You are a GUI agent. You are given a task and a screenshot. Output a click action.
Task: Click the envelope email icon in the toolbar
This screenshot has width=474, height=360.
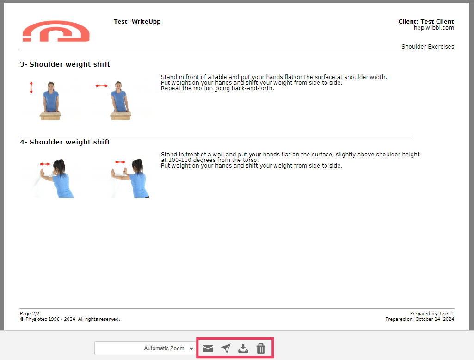coord(208,348)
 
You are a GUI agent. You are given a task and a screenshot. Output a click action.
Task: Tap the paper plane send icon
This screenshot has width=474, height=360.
coord(226,348)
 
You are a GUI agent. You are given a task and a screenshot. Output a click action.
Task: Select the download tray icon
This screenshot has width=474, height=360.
coord(243,348)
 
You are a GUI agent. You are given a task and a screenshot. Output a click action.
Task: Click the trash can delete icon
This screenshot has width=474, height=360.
coord(260,348)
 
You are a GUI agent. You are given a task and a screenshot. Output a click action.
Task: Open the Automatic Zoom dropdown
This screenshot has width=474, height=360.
coord(145,348)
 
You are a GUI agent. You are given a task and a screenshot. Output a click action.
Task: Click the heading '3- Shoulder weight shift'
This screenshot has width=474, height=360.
coord(65,64)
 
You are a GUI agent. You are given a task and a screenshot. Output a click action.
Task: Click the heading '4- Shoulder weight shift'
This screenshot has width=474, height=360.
coord(65,142)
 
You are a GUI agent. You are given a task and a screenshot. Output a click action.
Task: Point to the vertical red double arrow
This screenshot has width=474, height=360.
coord(31,87)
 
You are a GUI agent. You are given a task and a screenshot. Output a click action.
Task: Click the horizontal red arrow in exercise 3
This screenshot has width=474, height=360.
coord(102,86)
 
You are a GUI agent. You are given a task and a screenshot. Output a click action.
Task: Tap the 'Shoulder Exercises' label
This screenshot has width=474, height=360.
coord(428,46)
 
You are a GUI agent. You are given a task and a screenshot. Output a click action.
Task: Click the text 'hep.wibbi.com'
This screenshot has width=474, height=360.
coord(434,27)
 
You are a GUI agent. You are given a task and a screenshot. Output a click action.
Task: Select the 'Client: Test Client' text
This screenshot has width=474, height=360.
coord(426,21)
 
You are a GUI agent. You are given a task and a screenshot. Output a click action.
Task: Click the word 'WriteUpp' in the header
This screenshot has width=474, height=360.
coord(146,21)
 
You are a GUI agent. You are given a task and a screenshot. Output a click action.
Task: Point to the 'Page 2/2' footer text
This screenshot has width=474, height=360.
coord(30,313)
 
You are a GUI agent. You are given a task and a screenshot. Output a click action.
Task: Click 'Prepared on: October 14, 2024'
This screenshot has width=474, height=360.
coord(419,319)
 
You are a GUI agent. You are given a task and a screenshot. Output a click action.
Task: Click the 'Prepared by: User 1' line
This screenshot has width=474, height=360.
coord(432,313)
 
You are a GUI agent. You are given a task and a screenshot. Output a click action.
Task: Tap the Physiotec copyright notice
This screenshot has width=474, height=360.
coord(70,319)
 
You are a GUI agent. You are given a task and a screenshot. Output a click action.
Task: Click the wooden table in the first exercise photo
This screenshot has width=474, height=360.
coord(50,115)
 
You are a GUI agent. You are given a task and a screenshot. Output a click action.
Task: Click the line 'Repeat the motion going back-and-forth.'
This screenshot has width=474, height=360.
coord(217,88)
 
